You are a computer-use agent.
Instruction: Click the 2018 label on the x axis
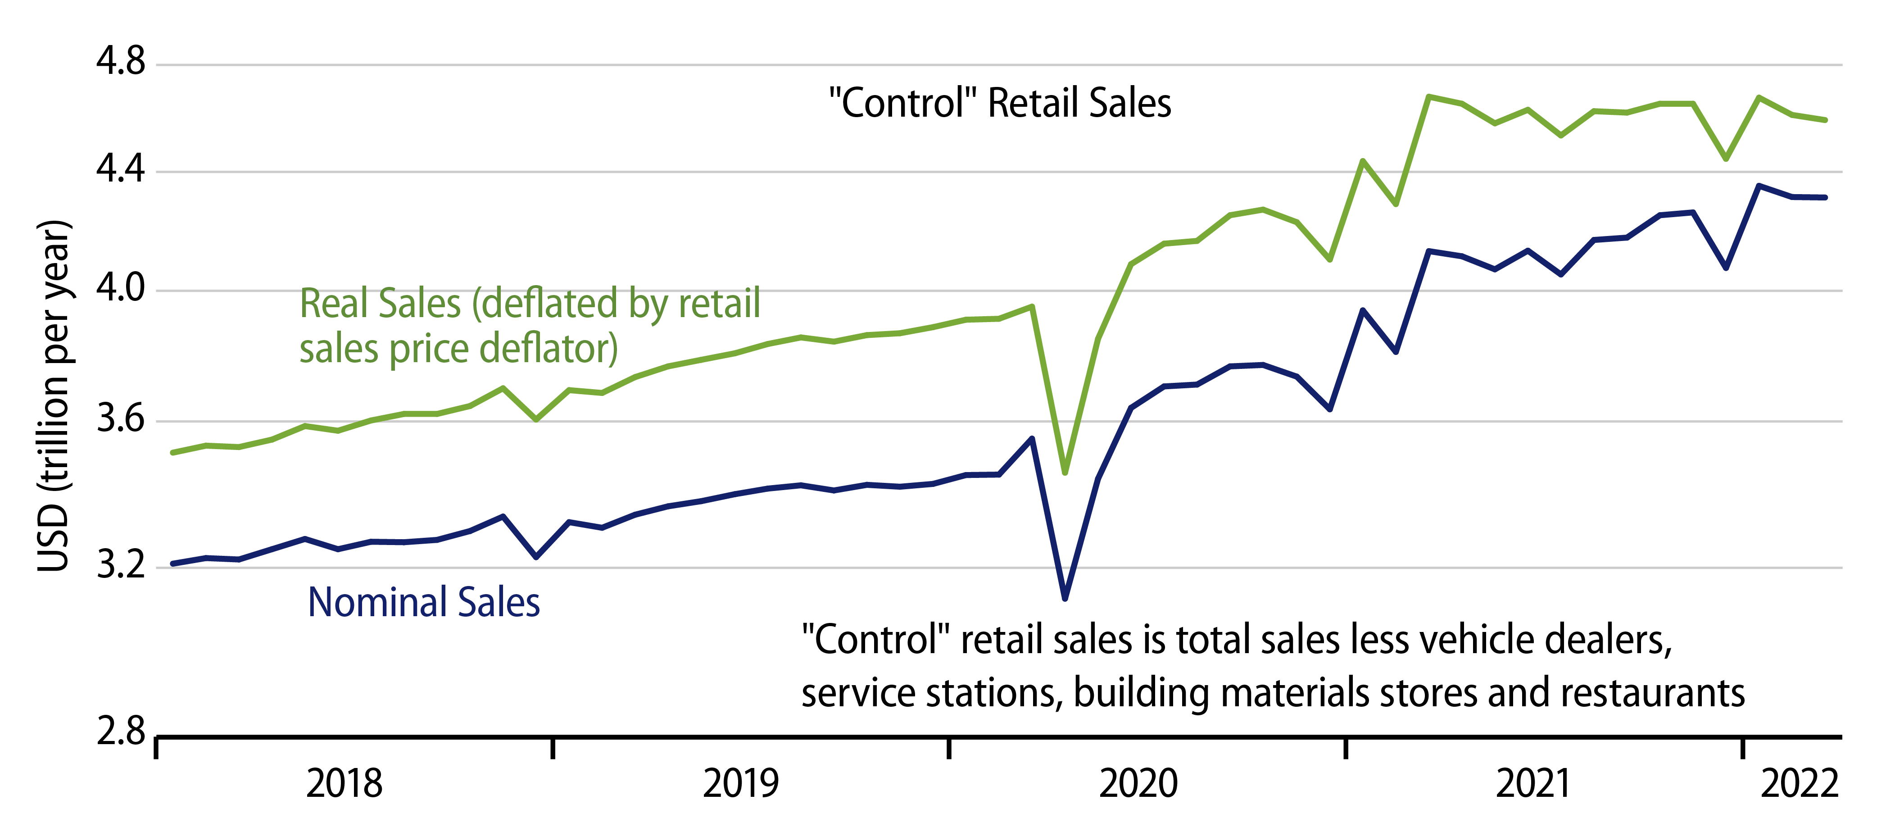(x=344, y=784)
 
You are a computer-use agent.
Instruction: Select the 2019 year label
(x=740, y=784)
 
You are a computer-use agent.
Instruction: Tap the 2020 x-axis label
(x=1138, y=784)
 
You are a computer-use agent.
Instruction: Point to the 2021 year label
(x=1533, y=784)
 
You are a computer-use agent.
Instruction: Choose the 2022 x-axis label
(x=1799, y=784)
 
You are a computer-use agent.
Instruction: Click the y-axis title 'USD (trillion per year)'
(x=54, y=395)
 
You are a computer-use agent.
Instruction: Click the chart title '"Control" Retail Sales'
(x=1000, y=103)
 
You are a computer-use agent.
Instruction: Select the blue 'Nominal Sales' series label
(x=423, y=603)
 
